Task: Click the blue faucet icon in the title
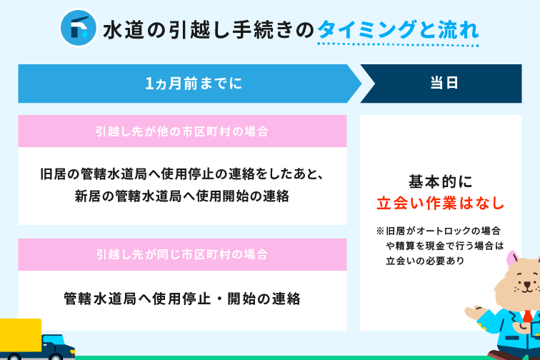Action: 79,28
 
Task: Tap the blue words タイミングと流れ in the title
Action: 398,29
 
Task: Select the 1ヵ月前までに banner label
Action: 194,84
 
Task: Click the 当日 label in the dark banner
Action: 444,83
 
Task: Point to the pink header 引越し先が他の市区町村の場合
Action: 182,131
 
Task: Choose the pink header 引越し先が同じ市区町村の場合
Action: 182,254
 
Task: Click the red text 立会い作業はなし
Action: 441,203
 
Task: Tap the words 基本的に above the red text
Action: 441,181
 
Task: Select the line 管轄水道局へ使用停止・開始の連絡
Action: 182,299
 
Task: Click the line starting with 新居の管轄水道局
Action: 182,196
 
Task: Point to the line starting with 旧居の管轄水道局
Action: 182,174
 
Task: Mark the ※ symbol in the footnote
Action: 380,231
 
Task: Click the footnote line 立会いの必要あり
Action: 425,261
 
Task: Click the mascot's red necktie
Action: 528,316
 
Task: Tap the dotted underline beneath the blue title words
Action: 398,44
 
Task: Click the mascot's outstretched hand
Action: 474,311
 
